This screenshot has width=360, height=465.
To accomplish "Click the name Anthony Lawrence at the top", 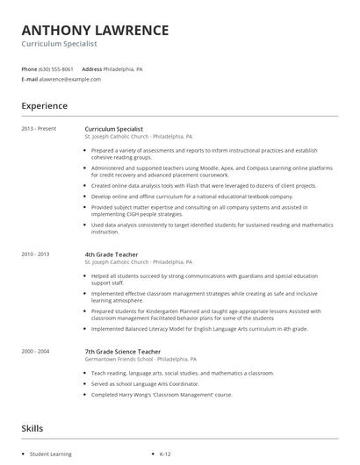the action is (x=95, y=29).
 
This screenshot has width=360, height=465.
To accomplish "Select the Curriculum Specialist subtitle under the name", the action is (x=59, y=43).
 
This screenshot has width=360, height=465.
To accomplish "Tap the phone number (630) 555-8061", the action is (x=56, y=68).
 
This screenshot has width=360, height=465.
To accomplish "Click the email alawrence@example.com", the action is (x=70, y=79).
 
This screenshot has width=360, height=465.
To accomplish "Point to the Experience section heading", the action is (x=44, y=106).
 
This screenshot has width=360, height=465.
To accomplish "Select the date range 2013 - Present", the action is (x=39, y=129).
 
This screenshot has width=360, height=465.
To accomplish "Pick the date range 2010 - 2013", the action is (x=35, y=254).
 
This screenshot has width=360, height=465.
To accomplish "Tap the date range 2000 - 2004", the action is (x=35, y=351).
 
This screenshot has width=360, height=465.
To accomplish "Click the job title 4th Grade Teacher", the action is (x=112, y=254).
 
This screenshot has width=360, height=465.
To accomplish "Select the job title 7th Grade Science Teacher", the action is (x=123, y=351).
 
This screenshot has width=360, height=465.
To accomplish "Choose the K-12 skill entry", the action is (x=165, y=454).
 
